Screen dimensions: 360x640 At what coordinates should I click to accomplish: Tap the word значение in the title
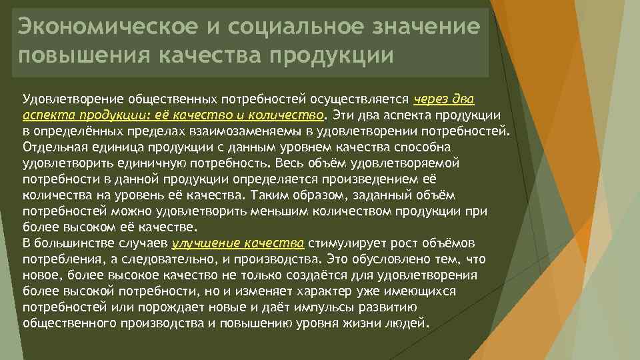(427, 27)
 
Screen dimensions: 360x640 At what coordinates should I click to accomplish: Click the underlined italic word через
(434, 99)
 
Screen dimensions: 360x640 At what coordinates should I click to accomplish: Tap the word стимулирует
(345, 243)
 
